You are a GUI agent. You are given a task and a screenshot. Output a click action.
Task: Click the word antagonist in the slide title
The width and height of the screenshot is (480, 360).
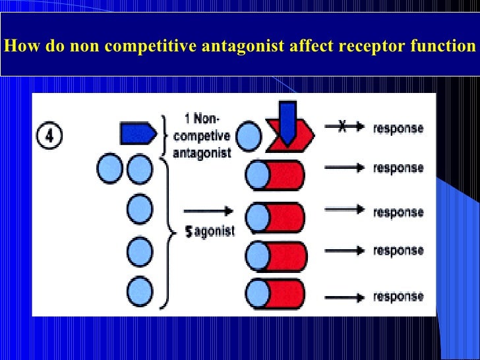(243, 47)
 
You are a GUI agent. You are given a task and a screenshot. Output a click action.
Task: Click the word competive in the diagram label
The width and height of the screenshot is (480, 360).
(201, 136)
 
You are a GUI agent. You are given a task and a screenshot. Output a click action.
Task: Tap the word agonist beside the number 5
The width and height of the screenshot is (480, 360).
(214, 233)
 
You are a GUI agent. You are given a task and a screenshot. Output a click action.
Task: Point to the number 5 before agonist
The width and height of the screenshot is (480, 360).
(189, 233)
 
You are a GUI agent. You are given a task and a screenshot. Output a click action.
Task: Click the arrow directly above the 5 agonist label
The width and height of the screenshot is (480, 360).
(208, 211)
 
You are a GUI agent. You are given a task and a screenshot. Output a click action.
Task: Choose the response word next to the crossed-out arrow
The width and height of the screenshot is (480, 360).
(398, 129)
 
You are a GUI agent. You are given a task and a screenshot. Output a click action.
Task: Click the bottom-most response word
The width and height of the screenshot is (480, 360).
(398, 297)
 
